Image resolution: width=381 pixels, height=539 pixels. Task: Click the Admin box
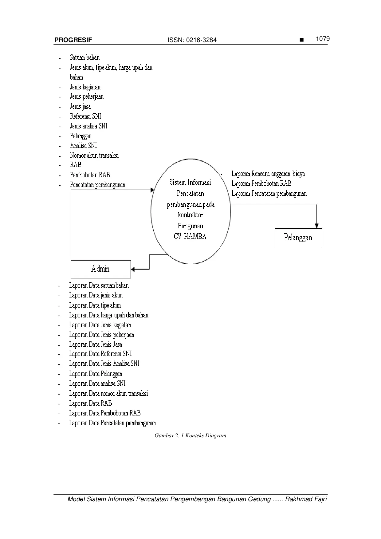click(x=100, y=269)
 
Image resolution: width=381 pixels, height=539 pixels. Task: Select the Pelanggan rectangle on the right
click(x=298, y=238)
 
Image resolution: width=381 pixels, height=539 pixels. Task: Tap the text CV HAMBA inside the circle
click(x=190, y=237)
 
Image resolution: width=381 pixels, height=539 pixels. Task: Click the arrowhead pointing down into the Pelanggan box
click(x=316, y=226)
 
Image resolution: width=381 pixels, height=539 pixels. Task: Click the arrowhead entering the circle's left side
click(x=152, y=190)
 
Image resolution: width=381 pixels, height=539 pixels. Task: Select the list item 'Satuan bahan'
click(x=84, y=57)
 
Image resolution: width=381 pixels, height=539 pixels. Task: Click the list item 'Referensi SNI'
click(x=85, y=116)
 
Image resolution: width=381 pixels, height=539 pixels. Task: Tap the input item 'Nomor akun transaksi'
click(x=94, y=155)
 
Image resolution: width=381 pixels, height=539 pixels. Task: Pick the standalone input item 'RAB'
click(x=76, y=165)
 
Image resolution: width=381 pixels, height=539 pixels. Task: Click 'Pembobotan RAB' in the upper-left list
click(x=90, y=175)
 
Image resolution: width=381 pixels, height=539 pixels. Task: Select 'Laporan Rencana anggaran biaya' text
click(x=268, y=174)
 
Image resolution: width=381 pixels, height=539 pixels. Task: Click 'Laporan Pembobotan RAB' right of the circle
click(x=261, y=183)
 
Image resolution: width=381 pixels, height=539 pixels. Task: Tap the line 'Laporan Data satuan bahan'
click(x=99, y=285)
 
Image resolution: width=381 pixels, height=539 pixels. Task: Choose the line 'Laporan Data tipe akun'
click(x=95, y=305)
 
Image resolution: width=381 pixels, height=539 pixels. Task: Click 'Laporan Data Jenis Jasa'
click(x=96, y=344)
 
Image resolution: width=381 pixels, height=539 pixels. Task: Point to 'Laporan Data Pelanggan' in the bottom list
click(x=96, y=374)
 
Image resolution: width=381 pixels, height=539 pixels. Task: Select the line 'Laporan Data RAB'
click(x=90, y=403)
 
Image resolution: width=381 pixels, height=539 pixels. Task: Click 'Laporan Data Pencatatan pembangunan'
click(x=112, y=423)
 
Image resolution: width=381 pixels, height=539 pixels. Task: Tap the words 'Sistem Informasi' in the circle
click(x=190, y=182)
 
